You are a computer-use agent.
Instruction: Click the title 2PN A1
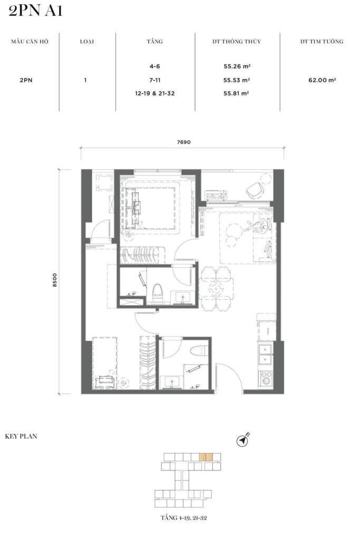[35, 11]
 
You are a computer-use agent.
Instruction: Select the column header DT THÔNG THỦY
[237, 42]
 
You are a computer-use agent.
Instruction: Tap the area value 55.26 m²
[237, 66]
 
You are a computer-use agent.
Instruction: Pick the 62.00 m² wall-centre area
[322, 80]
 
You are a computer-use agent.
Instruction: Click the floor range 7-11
[155, 80]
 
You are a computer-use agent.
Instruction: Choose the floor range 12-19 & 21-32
[155, 93]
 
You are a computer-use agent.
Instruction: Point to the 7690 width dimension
[184, 142]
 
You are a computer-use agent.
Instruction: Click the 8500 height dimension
[55, 281]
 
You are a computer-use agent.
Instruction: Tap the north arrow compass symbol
[244, 440]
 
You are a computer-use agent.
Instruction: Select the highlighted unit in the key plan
[206, 457]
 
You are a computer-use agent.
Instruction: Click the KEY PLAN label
[21, 436]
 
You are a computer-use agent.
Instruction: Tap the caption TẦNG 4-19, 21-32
[184, 518]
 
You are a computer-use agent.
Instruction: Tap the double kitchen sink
[265, 355]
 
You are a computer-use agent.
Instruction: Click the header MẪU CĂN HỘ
[30, 42]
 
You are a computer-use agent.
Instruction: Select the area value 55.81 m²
[236, 93]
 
